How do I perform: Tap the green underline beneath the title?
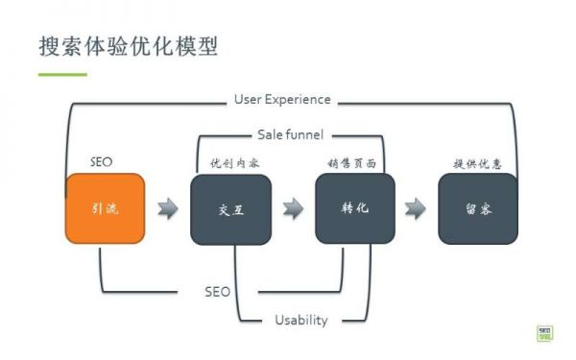[x=62, y=74]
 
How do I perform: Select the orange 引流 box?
[x=106, y=208]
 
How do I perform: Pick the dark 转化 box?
[x=355, y=208]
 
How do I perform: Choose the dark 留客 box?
[x=478, y=208]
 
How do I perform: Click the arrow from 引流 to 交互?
[x=168, y=208]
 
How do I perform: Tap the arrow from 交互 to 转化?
[x=293, y=208]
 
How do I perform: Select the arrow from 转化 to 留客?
[x=416, y=208]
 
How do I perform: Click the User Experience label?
[x=282, y=99]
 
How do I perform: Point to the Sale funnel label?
[x=290, y=134]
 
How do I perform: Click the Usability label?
[x=300, y=320]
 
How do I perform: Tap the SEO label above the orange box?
[x=101, y=162]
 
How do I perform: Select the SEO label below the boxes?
[x=217, y=291]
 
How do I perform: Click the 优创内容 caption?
[x=235, y=163]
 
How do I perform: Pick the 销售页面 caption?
[x=350, y=163]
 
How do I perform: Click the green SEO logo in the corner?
[x=545, y=331]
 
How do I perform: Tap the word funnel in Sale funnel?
[x=303, y=134]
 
